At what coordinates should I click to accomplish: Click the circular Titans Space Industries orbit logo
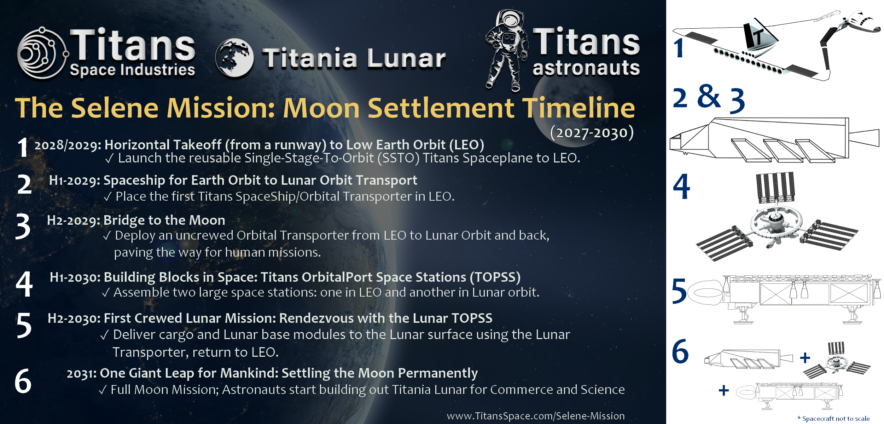tap(42, 53)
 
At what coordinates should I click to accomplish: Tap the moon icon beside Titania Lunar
tap(234, 58)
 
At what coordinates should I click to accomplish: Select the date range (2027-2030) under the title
tap(592, 132)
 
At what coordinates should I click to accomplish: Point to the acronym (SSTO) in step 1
tap(399, 158)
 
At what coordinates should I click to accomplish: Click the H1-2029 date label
tap(75, 181)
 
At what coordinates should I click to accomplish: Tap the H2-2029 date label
tap(74, 220)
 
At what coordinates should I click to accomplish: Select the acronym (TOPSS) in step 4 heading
tap(495, 277)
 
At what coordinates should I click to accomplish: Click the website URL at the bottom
tap(536, 416)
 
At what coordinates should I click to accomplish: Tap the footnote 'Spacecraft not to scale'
tap(836, 419)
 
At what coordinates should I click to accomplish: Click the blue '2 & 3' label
tap(709, 98)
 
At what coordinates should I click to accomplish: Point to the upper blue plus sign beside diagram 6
tap(805, 357)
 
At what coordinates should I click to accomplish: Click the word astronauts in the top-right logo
tap(586, 68)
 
